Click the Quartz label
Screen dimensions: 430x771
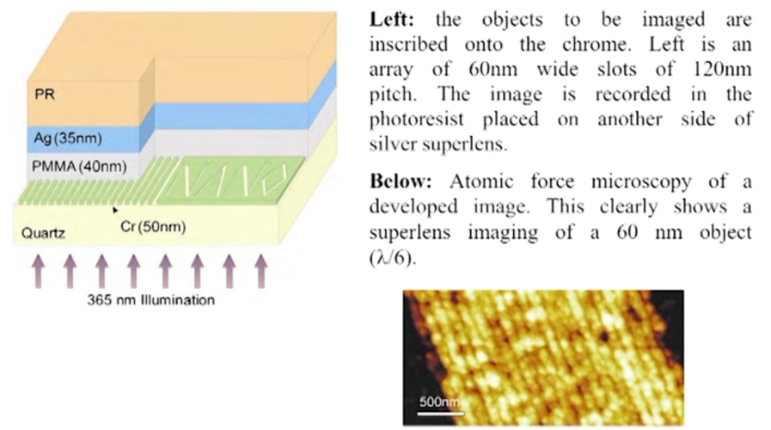tap(38, 232)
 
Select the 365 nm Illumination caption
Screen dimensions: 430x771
tap(151, 300)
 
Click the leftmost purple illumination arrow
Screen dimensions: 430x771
tap(39, 268)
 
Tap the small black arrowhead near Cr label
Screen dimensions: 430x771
tap(115, 209)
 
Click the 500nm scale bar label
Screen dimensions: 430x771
tap(439, 402)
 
